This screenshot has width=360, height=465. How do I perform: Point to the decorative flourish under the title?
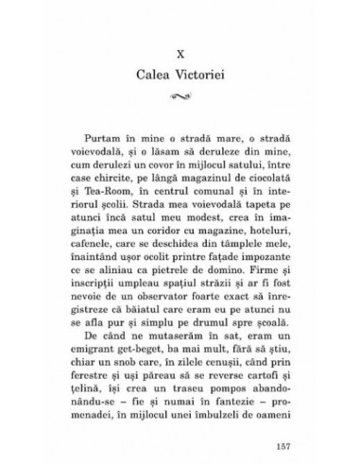180,96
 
